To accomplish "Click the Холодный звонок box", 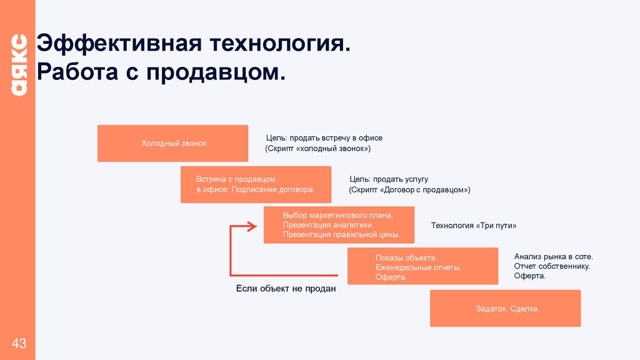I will click(x=173, y=144).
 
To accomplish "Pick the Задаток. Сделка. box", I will click(x=505, y=309).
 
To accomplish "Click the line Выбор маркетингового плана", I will click(x=337, y=215).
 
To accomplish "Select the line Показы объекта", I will click(x=406, y=257).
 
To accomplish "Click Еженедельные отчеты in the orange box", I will click(x=418, y=267).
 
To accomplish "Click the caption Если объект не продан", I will click(x=286, y=289).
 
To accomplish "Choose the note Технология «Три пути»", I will click(x=474, y=226).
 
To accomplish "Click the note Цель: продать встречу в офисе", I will click(x=324, y=137).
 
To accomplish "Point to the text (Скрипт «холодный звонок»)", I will click(x=318, y=149).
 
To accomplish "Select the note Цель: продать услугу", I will click(x=389, y=179).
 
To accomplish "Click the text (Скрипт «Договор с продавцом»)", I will click(x=409, y=189).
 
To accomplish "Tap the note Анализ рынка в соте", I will click(x=554, y=256).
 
